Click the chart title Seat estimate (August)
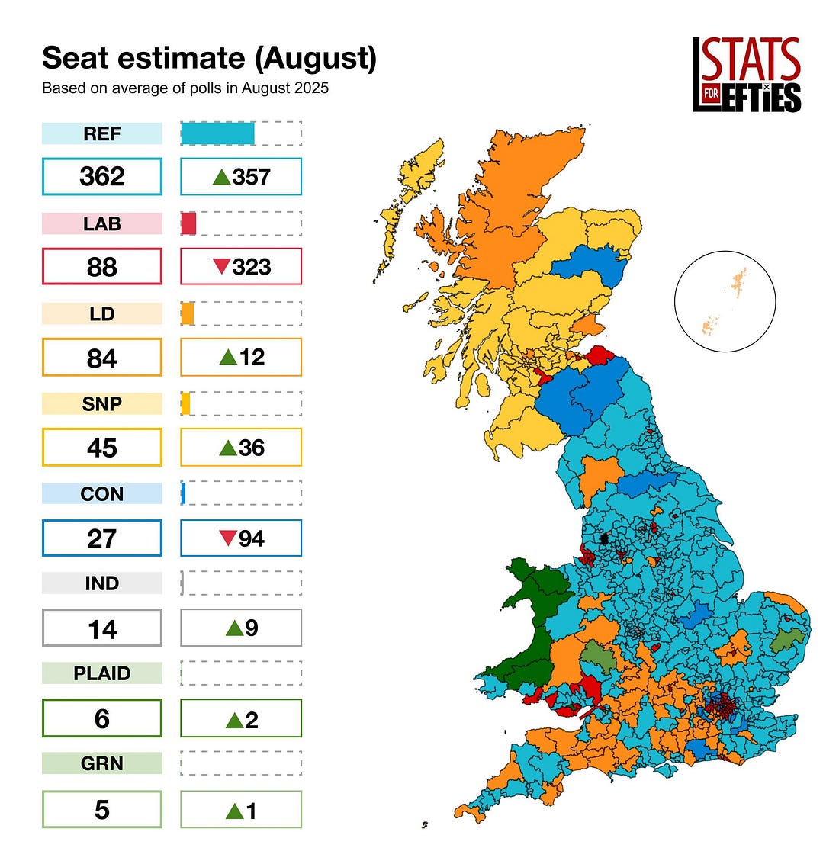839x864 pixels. [x=209, y=58]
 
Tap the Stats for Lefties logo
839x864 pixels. [x=746, y=75]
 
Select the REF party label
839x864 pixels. [x=101, y=133]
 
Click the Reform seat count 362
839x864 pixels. [x=101, y=177]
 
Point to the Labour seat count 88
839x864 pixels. [x=101, y=267]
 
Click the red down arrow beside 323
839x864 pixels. [x=221, y=267]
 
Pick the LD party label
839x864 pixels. [x=101, y=313]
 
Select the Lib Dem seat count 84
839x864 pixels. [x=101, y=358]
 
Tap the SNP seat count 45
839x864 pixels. [x=101, y=448]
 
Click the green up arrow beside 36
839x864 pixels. [x=227, y=448]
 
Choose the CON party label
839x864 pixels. [x=101, y=493]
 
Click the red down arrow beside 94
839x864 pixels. [x=227, y=538]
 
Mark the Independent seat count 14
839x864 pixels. [x=101, y=629]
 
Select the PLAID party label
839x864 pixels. [x=101, y=673]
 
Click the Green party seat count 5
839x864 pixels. [x=101, y=809]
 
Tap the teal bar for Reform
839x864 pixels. [x=217, y=133]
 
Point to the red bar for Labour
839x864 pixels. [x=188, y=223]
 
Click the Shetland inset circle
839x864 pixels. [x=725, y=301]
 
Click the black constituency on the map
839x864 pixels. [x=605, y=538]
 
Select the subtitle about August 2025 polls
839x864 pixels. [x=185, y=88]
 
